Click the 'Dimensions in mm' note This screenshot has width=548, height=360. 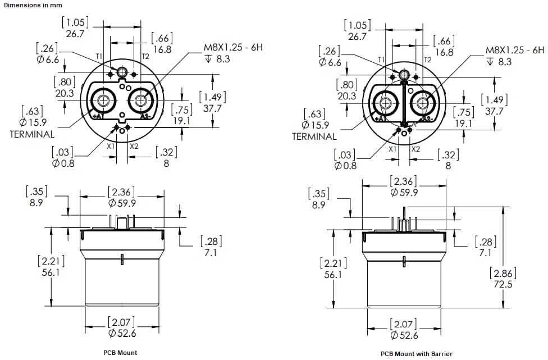click(x=31, y=4)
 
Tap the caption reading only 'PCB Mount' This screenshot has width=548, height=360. click(x=121, y=353)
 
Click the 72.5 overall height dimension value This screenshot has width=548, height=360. click(x=501, y=285)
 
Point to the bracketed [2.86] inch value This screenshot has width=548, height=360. click(x=501, y=274)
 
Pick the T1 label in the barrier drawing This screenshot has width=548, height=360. click(x=381, y=60)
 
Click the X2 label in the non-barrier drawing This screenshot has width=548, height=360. click(x=134, y=146)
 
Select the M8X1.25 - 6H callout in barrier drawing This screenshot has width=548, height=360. click(x=514, y=50)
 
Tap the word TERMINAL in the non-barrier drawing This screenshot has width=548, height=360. click(x=32, y=134)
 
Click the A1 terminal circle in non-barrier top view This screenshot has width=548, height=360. click(x=103, y=101)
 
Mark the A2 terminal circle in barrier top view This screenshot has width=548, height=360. click(x=422, y=103)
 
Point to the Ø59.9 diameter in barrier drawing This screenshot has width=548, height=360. click(x=404, y=193)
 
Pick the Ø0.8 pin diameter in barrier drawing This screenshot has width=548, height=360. click(x=346, y=166)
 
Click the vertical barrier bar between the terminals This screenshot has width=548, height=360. click(x=403, y=103)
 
